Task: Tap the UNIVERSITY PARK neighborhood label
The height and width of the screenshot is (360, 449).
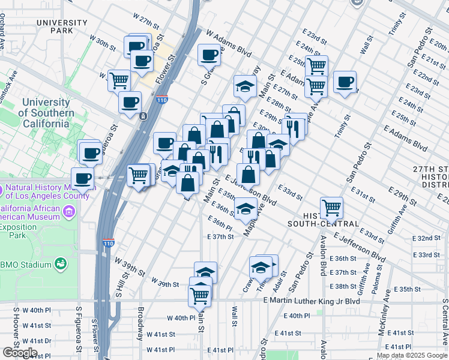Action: click(x=62, y=26)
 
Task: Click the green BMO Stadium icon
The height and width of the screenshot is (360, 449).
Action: click(x=60, y=263)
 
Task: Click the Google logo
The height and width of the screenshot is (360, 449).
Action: click(x=19, y=353)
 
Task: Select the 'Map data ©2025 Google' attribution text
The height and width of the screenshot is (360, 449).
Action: click(x=411, y=355)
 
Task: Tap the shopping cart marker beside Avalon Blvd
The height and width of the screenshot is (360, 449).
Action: click(x=331, y=208)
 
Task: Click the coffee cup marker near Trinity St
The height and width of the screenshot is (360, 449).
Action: click(x=345, y=82)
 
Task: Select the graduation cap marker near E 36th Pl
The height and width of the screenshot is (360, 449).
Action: click(x=245, y=209)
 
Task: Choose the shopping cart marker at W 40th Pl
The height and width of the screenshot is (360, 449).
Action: click(x=200, y=295)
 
